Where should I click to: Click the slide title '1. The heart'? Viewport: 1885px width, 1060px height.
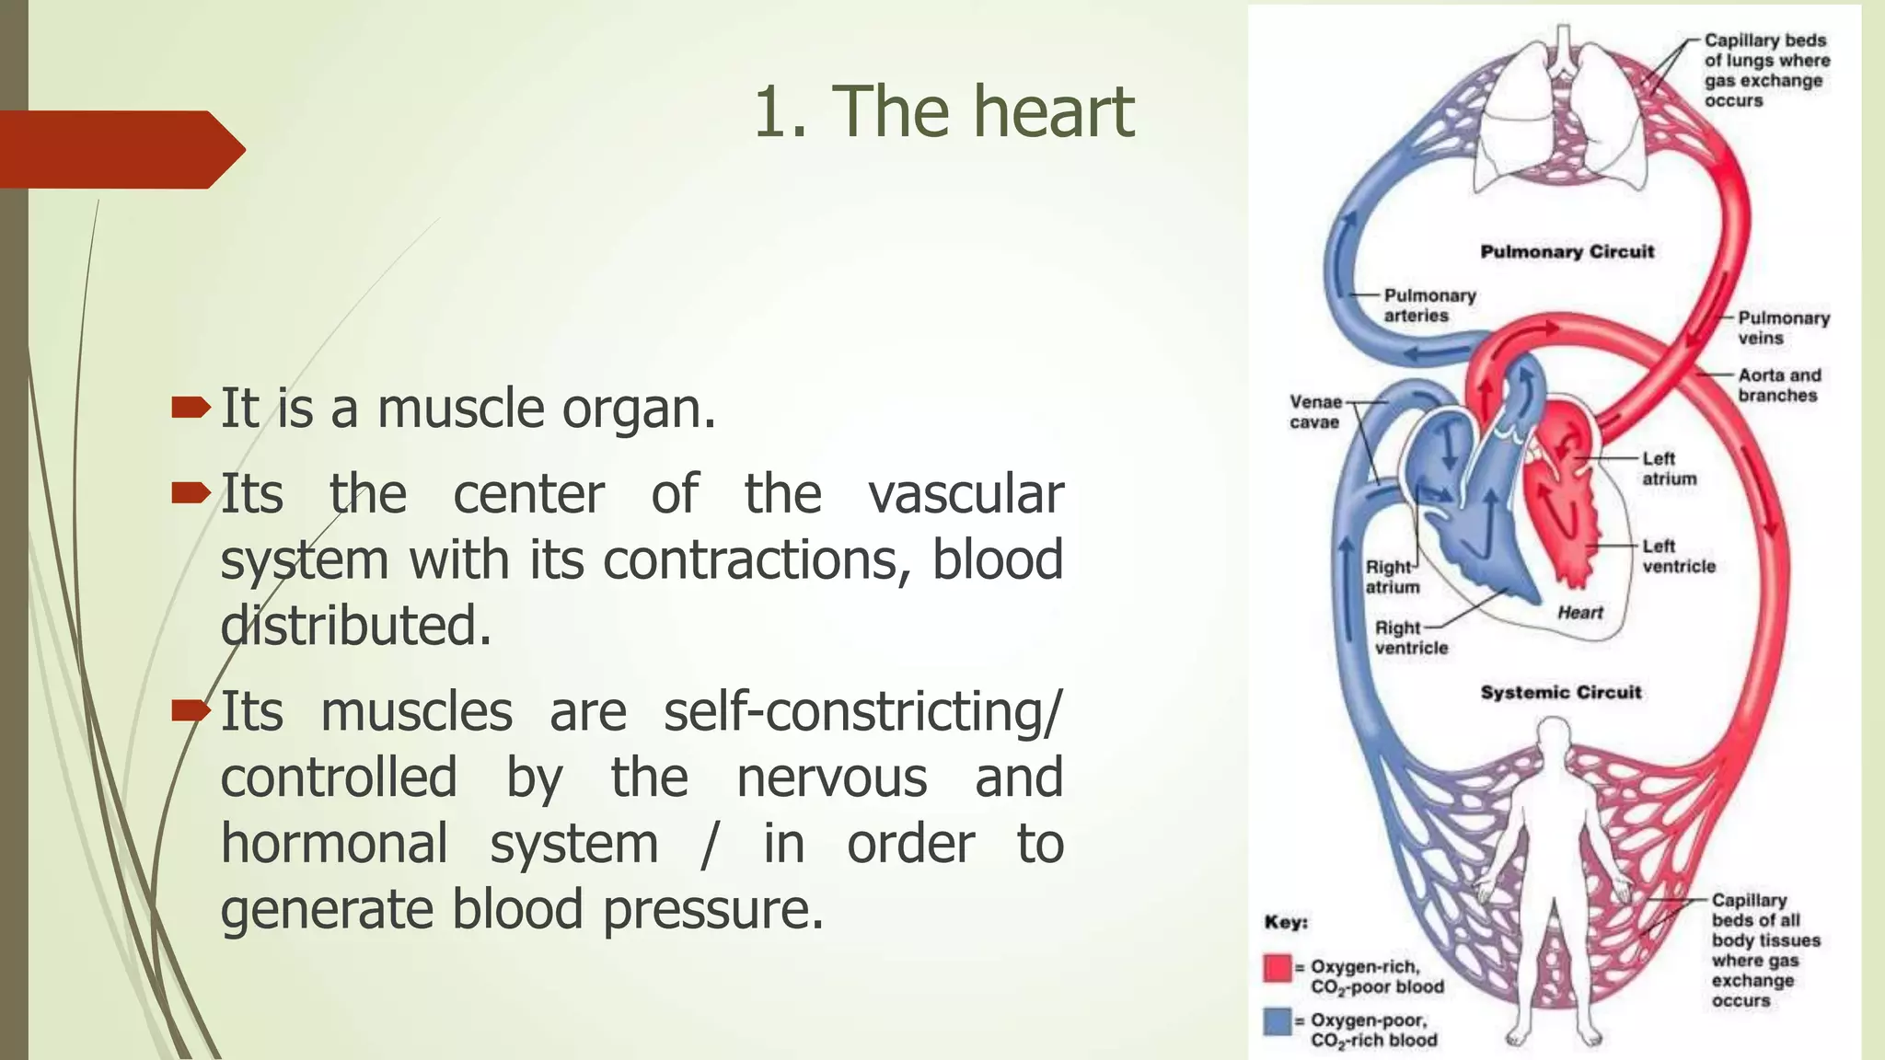(x=943, y=112)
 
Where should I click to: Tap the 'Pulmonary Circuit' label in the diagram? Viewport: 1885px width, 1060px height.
(x=1567, y=252)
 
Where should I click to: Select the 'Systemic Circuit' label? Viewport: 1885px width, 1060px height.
(x=1560, y=692)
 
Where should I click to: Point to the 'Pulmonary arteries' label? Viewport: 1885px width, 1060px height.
(x=1428, y=305)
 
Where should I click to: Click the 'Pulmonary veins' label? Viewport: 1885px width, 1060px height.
(x=1783, y=328)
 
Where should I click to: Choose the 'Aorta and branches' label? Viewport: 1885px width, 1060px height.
(x=1778, y=386)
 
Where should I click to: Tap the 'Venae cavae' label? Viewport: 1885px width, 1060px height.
(x=1314, y=412)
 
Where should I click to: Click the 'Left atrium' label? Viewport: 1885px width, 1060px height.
(x=1669, y=468)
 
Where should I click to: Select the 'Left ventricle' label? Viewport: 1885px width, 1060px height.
(x=1678, y=556)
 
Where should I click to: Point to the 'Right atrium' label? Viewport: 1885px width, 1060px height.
(x=1391, y=577)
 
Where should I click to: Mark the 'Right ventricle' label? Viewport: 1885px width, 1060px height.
(x=1410, y=638)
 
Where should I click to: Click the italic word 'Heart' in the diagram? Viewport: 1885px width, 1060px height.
(x=1579, y=613)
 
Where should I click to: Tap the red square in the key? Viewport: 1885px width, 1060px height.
(x=1278, y=968)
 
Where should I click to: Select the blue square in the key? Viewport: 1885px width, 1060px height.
(x=1278, y=1021)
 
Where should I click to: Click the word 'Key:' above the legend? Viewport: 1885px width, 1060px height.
(x=1286, y=922)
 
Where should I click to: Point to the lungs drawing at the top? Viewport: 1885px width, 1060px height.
(x=1562, y=115)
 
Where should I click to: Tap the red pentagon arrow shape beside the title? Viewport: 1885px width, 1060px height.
(x=120, y=149)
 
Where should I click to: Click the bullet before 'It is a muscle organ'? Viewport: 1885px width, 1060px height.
(x=191, y=408)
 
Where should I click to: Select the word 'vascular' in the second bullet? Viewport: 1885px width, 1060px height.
(x=966, y=495)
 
